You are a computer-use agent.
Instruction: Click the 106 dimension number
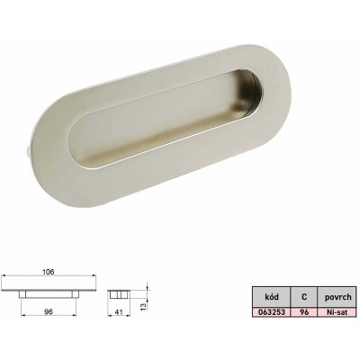click(x=49, y=272)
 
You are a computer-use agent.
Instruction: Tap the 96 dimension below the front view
click(x=49, y=312)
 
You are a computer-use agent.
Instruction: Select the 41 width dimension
click(x=119, y=312)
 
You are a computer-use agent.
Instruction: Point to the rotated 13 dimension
click(x=143, y=306)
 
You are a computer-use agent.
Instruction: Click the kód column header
click(x=272, y=297)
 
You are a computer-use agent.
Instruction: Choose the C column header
click(x=304, y=297)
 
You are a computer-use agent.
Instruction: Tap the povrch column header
click(x=337, y=297)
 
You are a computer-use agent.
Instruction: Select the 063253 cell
click(x=272, y=312)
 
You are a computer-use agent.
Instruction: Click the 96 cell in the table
click(x=304, y=312)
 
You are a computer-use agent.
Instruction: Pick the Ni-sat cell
click(x=337, y=312)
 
